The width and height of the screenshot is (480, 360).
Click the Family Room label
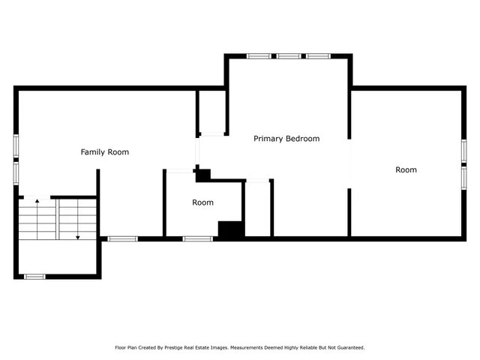click(x=105, y=152)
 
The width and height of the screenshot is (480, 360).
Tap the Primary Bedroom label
click(x=286, y=139)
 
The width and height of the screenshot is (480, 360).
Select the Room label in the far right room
click(x=406, y=170)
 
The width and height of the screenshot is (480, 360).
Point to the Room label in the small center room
click(x=202, y=202)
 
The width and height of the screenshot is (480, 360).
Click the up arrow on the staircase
click(x=37, y=202)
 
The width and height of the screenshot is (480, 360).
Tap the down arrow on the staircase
click(x=77, y=236)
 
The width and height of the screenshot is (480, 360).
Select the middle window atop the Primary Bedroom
click(x=289, y=55)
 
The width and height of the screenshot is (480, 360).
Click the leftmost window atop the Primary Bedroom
click(x=259, y=55)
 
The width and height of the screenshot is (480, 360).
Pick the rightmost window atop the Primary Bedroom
click(x=318, y=55)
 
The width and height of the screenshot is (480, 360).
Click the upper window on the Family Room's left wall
click(x=16, y=145)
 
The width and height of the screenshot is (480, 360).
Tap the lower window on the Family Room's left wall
click(x=16, y=173)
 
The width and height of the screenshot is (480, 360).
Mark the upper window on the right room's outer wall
click(x=463, y=149)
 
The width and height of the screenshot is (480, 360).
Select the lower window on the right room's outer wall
click(x=463, y=177)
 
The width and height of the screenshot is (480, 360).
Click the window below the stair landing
click(x=34, y=277)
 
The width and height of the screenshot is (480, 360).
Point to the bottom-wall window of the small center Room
click(x=198, y=238)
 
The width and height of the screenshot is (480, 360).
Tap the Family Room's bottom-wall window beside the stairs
click(x=122, y=238)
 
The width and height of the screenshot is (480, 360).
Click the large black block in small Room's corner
click(x=231, y=229)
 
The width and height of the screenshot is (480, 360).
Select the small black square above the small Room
click(x=202, y=175)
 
